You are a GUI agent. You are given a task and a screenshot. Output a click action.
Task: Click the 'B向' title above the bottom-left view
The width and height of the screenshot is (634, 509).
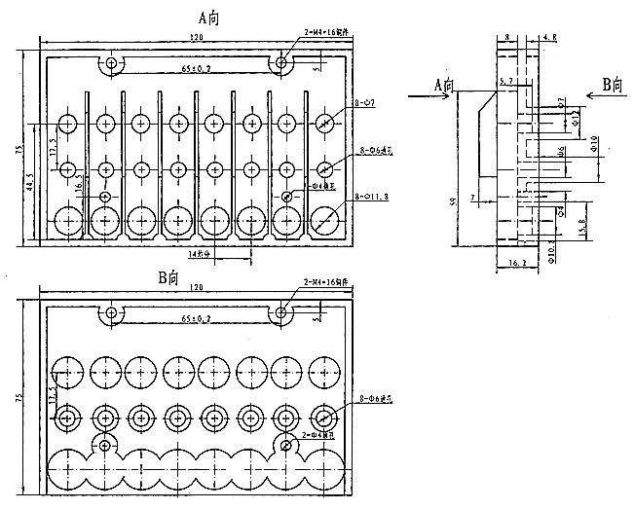[172, 277]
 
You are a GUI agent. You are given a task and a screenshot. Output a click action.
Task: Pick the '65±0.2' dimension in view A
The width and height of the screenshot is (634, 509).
[197, 71]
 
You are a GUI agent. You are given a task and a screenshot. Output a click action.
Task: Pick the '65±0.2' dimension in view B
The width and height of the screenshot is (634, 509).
[197, 319]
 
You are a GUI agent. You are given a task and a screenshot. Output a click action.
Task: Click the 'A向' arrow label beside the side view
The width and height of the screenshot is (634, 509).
[444, 86]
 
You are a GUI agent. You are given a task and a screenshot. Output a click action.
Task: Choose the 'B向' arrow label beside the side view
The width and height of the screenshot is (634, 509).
[611, 85]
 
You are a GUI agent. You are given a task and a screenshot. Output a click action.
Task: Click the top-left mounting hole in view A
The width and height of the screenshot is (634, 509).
[112, 64]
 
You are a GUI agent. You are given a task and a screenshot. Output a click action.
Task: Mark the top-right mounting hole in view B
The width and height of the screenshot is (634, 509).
[281, 313]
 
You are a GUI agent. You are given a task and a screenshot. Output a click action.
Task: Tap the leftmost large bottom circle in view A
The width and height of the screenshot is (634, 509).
[69, 221]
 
